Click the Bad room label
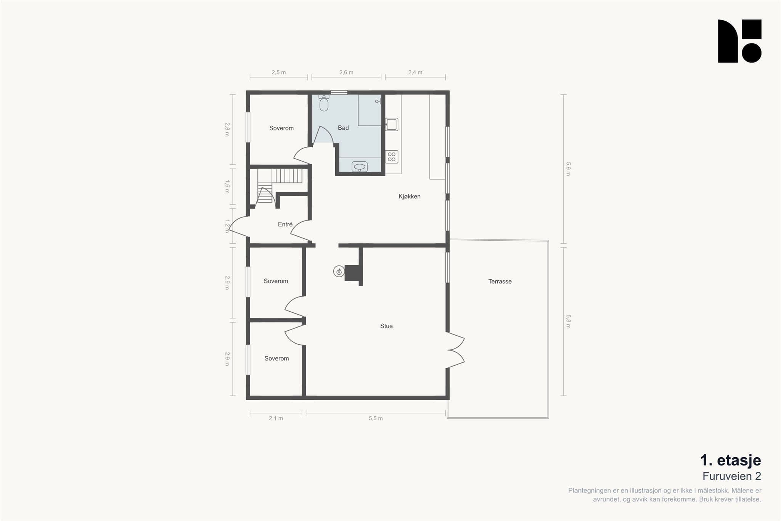click(x=343, y=128)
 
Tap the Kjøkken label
click(x=410, y=196)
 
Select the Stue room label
click(x=386, y=326)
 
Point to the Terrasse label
click(x=500, y=281)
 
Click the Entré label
click(x=285, y=224)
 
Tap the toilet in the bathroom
click(x=324, y=103)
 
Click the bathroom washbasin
click(x=360, y=167)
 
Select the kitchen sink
click(x=392, y=124)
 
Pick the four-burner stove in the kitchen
click(x=392, y=157)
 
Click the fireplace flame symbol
click(x=339, y=272)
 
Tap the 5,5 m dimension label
click(x=376, y=418)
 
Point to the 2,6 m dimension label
click(x=346, y=72)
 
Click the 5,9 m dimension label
click(x=568, y=169)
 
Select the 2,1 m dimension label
click(x=276, y=418)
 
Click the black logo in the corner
click(x=739, y=41)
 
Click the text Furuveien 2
click(x=732, y=476)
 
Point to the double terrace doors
click(x=455, y=350)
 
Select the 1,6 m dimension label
click(x=227, y=187)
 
